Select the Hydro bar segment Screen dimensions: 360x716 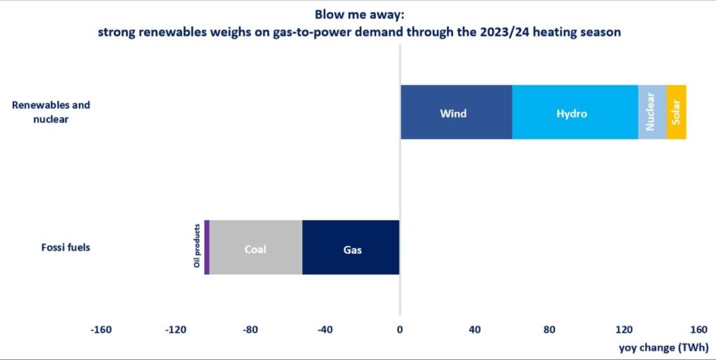(574, 113)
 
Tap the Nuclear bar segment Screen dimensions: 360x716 (652, 113)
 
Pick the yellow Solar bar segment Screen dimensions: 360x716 (676, 113)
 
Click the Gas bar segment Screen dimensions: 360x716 (351, 247)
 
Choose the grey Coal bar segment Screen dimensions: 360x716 (255, 247)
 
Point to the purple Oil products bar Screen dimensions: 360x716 (207, 247)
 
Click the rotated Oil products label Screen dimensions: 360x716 (197, 245)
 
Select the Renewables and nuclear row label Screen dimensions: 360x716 (51, 112)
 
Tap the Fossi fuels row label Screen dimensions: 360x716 (62, 247)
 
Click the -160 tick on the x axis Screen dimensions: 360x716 (101, 330)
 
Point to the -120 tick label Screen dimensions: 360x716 (176, 330)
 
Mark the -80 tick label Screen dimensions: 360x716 (250, 330)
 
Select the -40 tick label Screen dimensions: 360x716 (325, 330)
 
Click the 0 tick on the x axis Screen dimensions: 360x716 (399, 330)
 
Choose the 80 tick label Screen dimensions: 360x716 (549, 330)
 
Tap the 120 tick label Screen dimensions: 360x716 (624, 330)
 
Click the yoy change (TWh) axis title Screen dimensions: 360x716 (664, 347)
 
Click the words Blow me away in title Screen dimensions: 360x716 (358, 13)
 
